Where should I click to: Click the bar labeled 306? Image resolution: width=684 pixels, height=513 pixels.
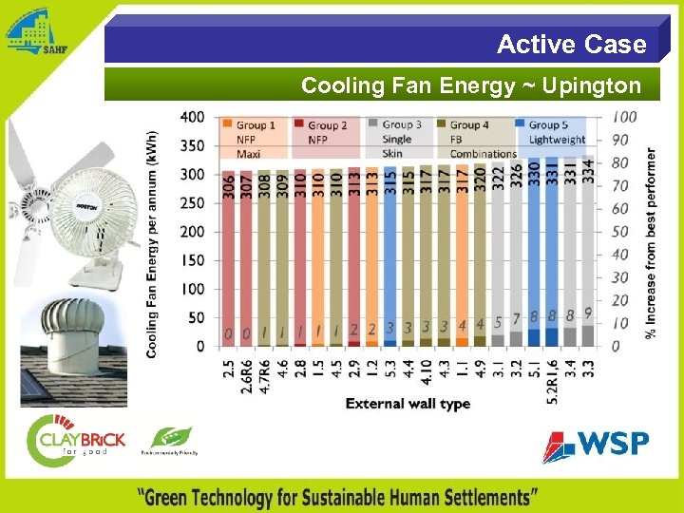(x=228, y=256)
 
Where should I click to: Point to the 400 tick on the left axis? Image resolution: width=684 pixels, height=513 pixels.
(x=192, y=117)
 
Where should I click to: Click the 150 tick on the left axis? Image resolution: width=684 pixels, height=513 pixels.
(x=192, y=260)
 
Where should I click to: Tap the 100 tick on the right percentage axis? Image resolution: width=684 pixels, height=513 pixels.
(x=624, y=117)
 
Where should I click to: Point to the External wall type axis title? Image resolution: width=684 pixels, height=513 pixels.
(x=408, y=404)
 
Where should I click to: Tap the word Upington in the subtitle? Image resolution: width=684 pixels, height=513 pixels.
(x=595, y=85)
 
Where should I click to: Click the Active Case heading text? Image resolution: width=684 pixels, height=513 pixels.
(x=571, y=45)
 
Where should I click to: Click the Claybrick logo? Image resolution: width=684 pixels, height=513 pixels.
(x=75, y=441)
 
